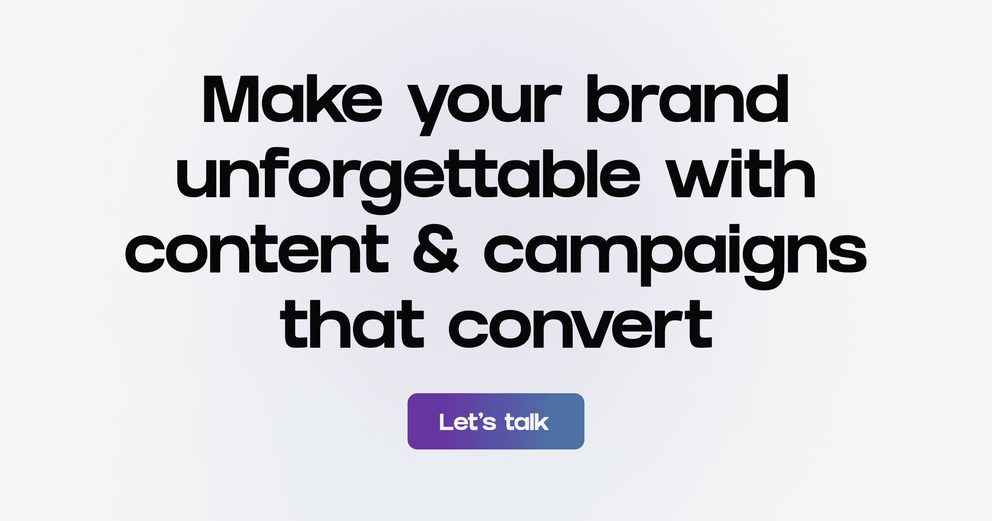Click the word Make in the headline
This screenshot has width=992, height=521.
click(292, 99)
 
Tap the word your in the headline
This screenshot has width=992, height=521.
click(484, 103)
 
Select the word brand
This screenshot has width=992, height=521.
click(687, 99)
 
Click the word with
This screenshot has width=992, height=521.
click(741, 174)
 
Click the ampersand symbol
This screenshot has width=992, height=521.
click(436, 249)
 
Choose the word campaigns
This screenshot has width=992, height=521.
click(675, 252)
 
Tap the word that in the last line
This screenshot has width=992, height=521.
click(352, 325)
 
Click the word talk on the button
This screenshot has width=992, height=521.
click(527, 422)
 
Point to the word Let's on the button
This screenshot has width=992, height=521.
click(467, 422)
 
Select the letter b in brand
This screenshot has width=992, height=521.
click(607, 99)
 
